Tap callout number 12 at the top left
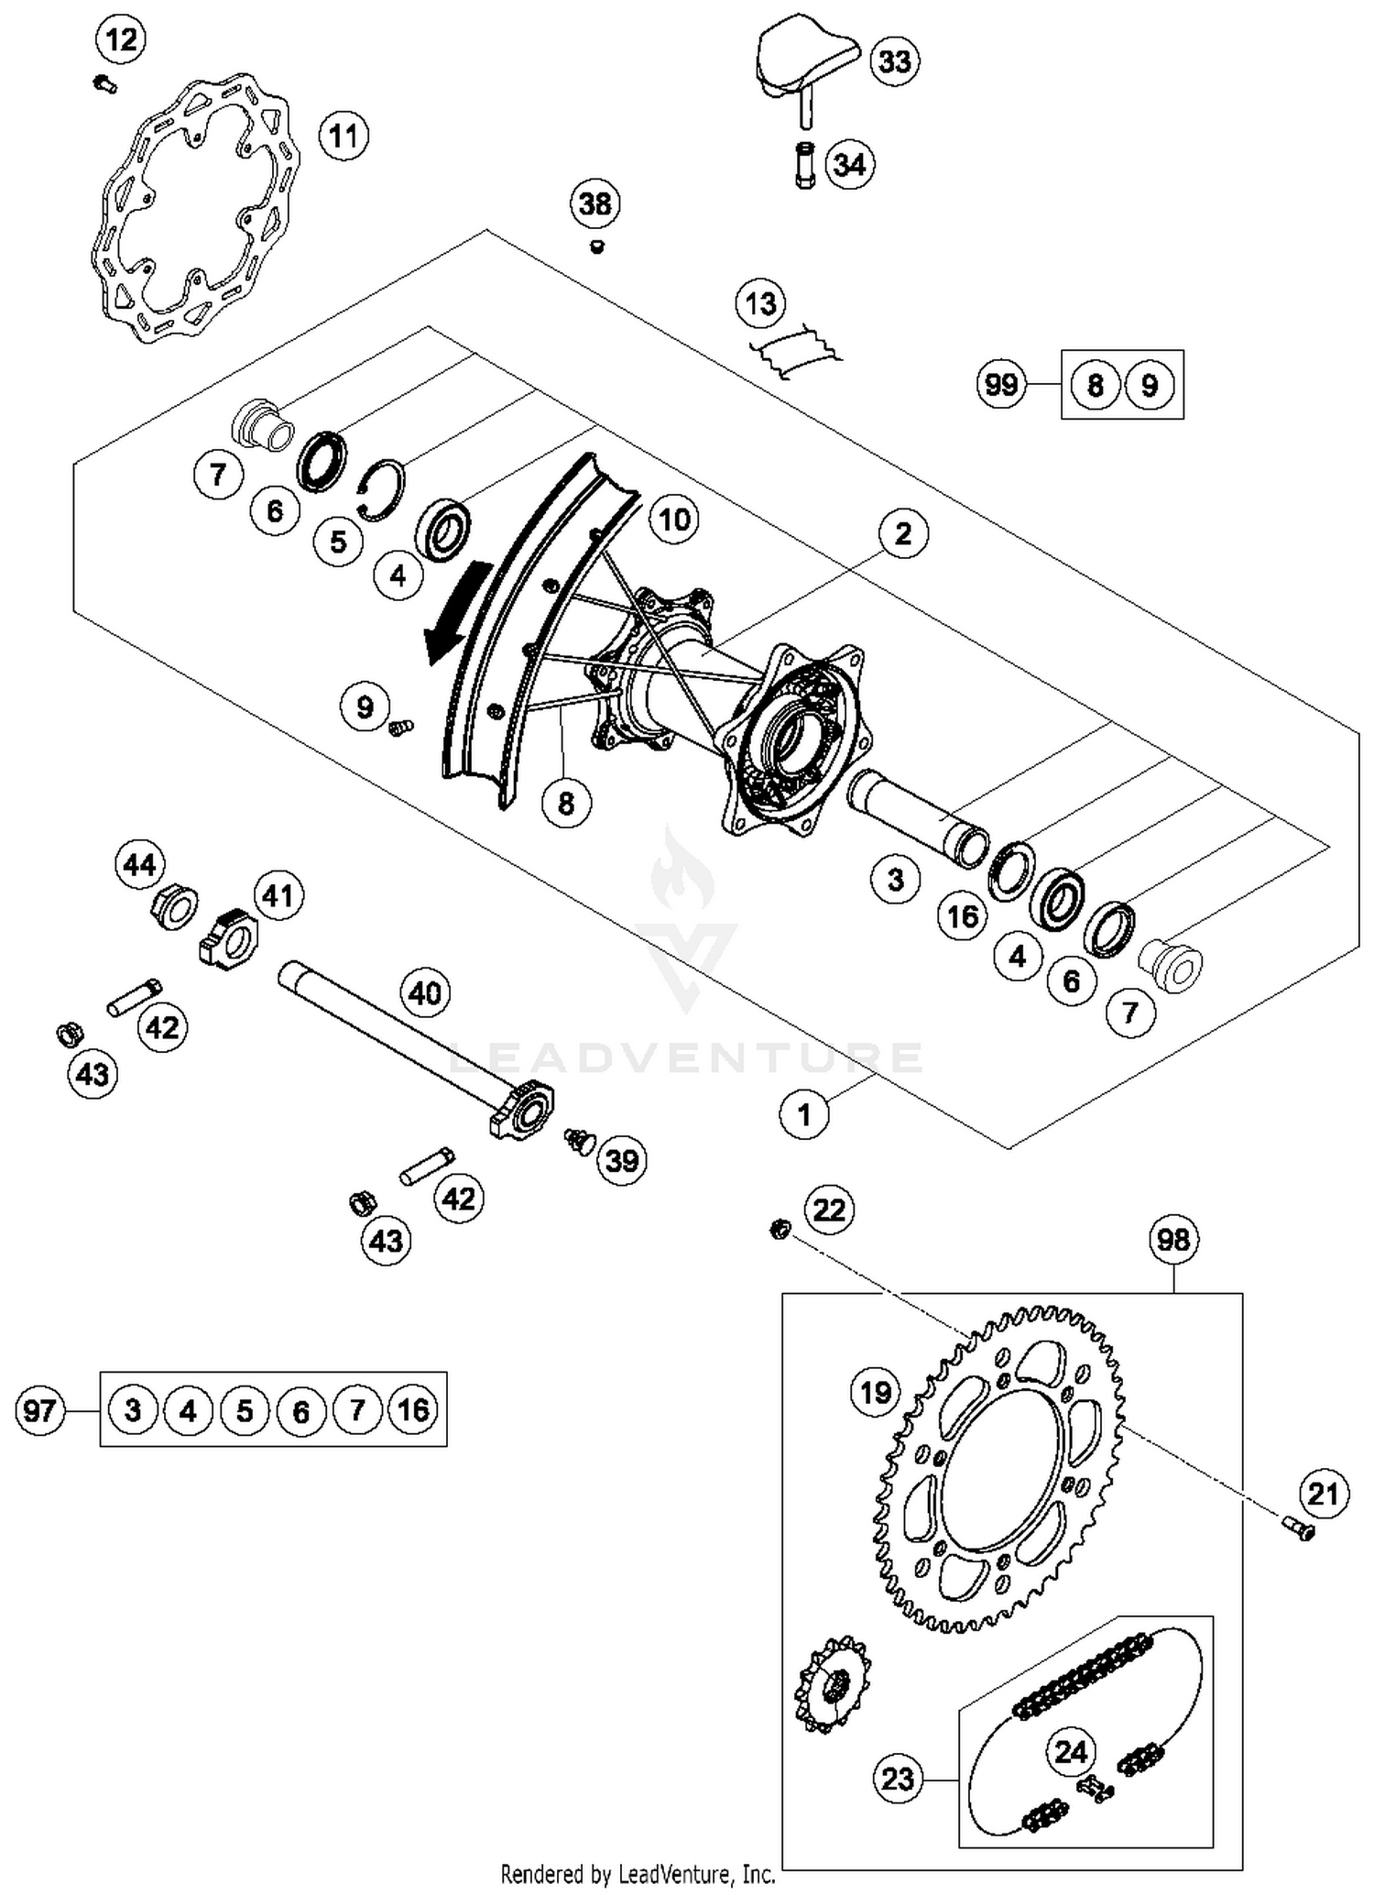121,39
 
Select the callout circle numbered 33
894,61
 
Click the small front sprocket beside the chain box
832,1684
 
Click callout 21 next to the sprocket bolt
1323,1494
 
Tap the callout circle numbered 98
1172,1240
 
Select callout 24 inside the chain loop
1070,1752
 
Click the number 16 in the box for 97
413,1409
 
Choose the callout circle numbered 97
40,1409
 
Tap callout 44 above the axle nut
139,864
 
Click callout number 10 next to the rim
674,520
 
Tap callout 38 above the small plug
595,203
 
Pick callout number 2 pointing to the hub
903,532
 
